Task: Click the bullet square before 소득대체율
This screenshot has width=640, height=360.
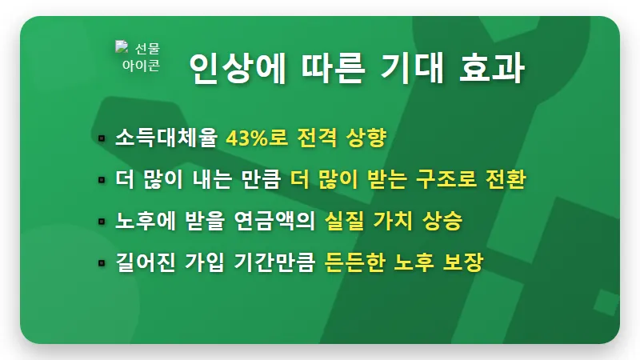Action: pos(102,139)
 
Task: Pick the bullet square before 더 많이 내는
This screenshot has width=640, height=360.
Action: pos(102,181)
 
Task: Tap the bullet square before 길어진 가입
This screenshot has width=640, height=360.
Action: pos(102,262)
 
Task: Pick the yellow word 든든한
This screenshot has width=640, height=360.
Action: pos(356,262)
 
